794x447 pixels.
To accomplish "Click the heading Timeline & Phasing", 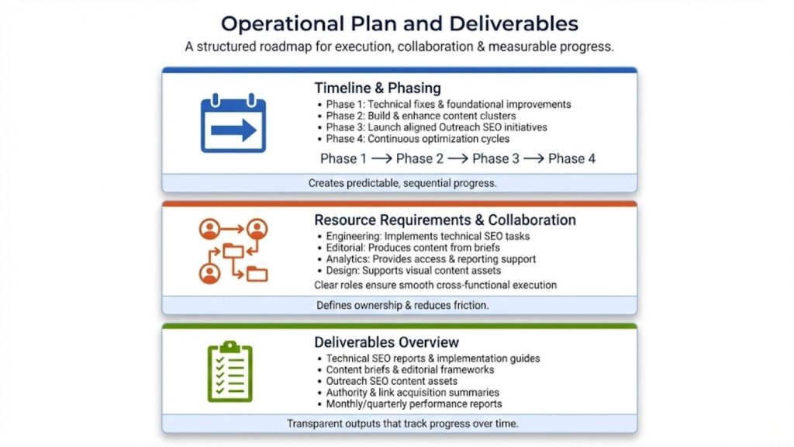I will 378,88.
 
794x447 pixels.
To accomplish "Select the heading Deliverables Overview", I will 386,342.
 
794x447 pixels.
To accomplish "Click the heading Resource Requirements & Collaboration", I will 445,220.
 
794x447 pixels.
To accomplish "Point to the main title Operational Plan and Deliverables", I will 399,23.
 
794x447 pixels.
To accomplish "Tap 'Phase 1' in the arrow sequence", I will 343,159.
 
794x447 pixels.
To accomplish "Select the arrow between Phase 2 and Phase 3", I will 457,159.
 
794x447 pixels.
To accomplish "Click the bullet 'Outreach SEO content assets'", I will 392,381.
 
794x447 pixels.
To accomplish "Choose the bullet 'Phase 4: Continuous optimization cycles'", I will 417,139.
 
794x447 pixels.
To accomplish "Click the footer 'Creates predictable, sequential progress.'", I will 402,184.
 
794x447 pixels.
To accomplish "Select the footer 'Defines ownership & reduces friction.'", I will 402,305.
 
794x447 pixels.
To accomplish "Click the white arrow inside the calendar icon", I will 233,130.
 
